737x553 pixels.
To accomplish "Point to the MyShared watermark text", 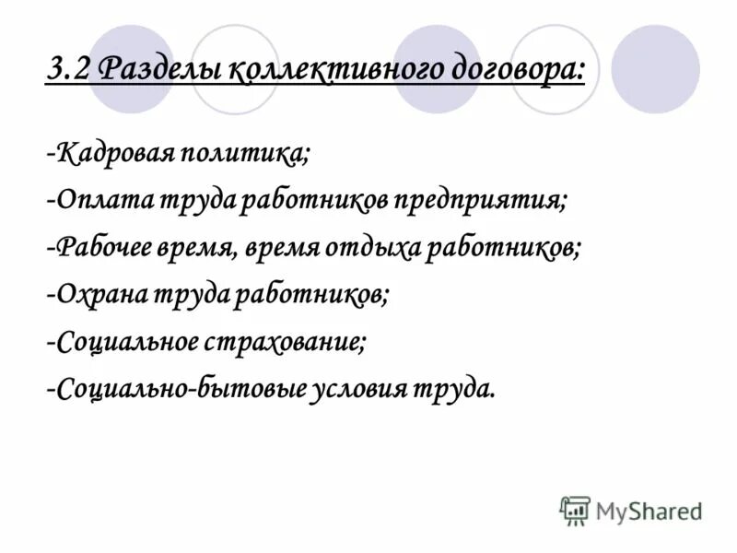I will pos(649,511).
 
